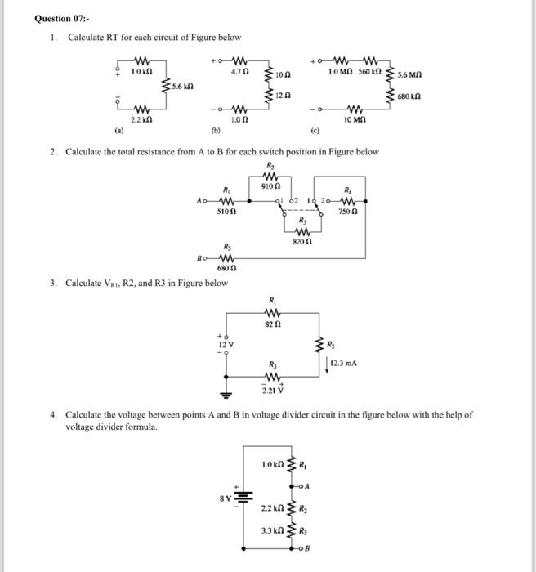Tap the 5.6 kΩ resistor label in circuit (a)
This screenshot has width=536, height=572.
183,85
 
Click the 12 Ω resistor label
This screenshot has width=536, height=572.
283,96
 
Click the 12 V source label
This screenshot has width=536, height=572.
225,346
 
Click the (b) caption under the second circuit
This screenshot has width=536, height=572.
216,130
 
